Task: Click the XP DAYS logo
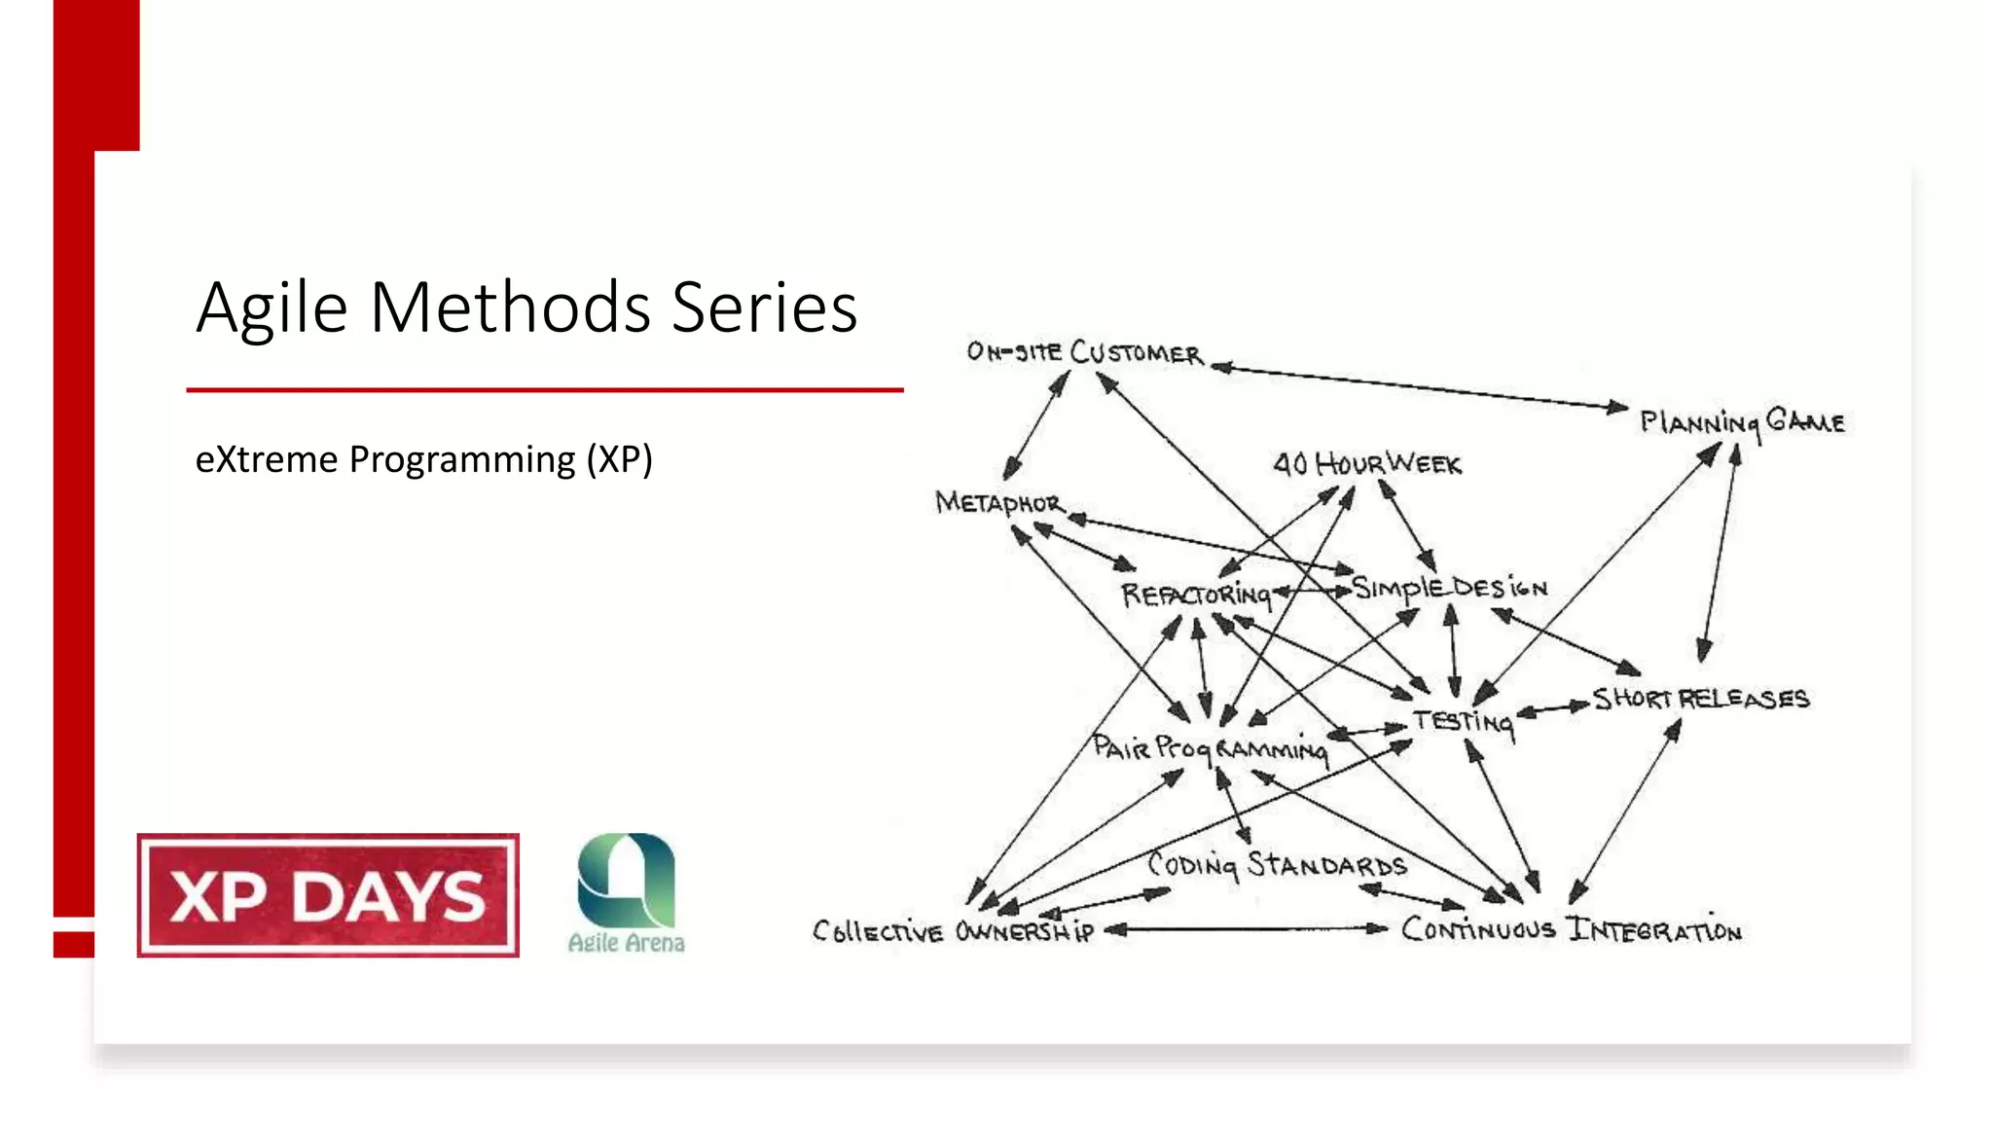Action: click(x=328, y=895)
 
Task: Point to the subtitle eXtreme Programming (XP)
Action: click(x=423, y=459)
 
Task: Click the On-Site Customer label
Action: click(x=1084, y=352)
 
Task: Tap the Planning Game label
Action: click(x=1742, y=422)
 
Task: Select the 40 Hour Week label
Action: click(x=1367, y=464)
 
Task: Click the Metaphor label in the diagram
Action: click(x=998, y=503)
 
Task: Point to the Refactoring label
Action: click(x=1196, y=595)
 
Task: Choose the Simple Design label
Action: click(x=1449, y=588)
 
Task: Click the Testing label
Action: click(x=1464, y=721)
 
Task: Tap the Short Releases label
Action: click(x=1700, y=699)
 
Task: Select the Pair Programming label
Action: click(x=1209, y=748)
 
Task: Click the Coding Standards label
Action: click(x=1277, y=864)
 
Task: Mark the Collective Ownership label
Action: click(x=953, y=931)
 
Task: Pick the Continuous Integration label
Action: click(x=1571, y=929)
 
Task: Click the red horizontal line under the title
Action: click(x=545, y=390)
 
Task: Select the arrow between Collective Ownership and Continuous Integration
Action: click(x=1246, y=929)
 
